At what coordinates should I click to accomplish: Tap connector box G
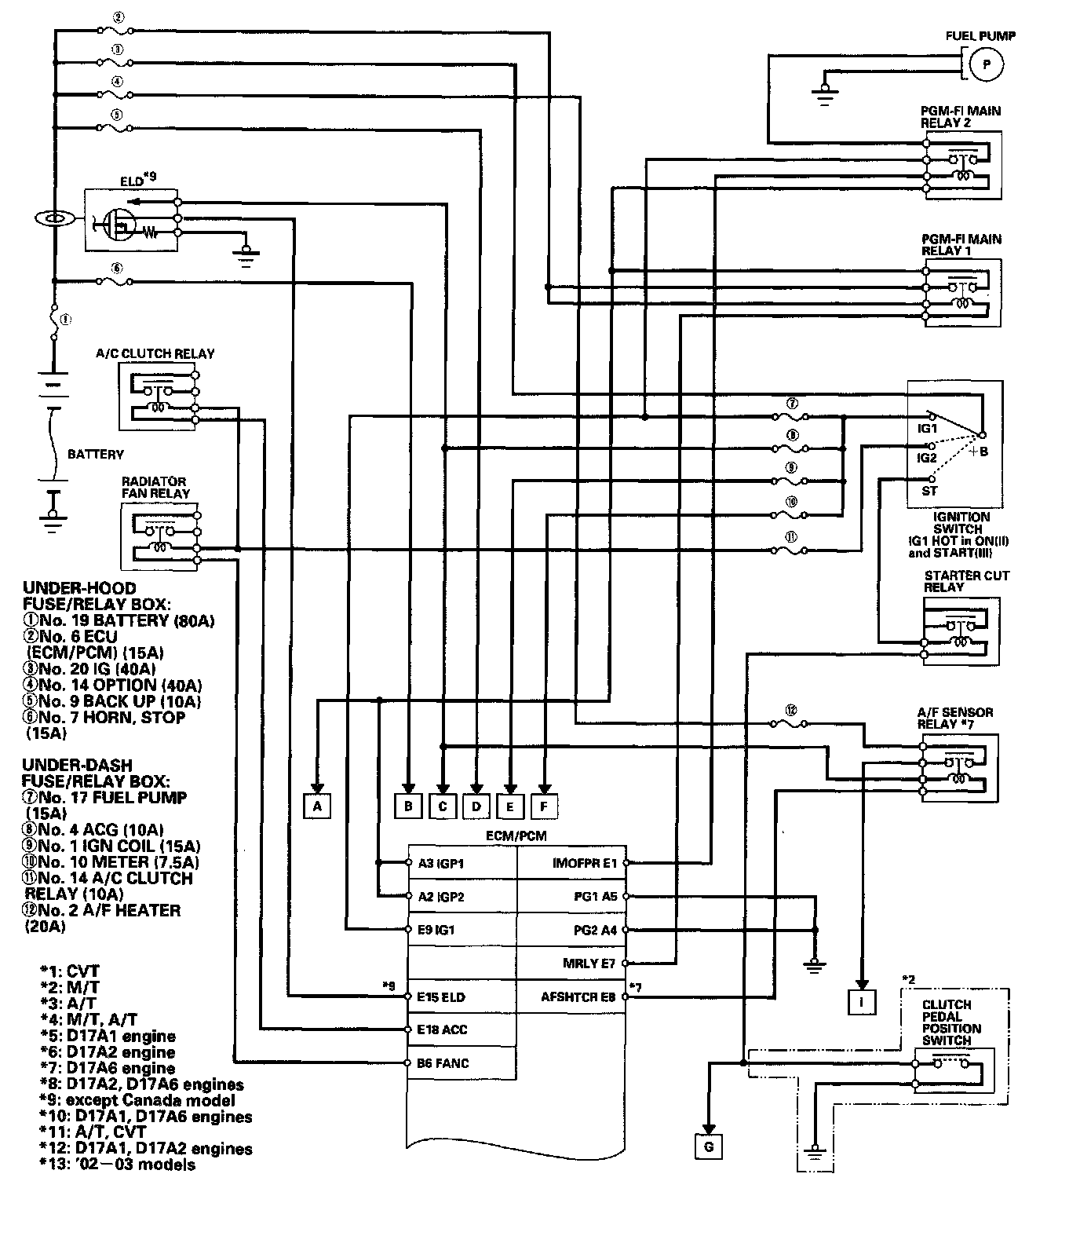click(x=708, y=1146)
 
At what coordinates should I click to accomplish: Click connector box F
click(x=544, y=806)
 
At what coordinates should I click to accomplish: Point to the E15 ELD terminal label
click(x=441, y=997)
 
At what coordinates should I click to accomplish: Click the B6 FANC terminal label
click(x=443, y=1063)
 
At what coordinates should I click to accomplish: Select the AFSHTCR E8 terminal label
click(x=578, y=997)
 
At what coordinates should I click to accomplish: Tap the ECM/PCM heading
click(x=516, y=836)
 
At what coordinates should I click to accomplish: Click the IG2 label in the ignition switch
click(x=927, y=457)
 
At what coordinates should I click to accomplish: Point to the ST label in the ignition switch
click(x=929, y=491)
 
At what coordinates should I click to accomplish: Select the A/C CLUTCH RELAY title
click(x=155, y=353)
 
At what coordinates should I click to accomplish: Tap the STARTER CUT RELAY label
click(x=966, y=581)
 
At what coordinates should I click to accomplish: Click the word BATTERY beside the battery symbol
click(x=95, y=454)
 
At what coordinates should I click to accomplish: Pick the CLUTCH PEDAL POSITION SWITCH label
click(x=951, y=1022)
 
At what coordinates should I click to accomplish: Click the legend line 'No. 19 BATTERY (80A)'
click(x=118, y=620)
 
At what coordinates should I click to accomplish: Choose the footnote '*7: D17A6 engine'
click(x=108, y=1068)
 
